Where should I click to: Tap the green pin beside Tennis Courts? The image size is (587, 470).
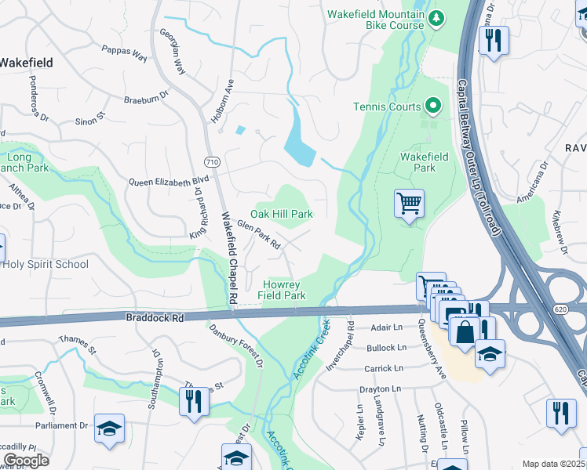(432, 106)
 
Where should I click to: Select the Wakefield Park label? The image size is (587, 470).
(424, 162)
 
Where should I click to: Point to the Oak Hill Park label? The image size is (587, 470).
(281, 214)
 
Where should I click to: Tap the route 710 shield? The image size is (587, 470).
(212, 161)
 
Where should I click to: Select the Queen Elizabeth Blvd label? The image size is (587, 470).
(163, 182)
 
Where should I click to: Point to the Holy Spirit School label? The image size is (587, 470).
(46, 264)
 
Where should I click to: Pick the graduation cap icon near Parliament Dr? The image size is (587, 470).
(109, 428)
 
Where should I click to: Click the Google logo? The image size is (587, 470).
(26, 461)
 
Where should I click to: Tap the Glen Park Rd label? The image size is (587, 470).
(259, 234)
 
